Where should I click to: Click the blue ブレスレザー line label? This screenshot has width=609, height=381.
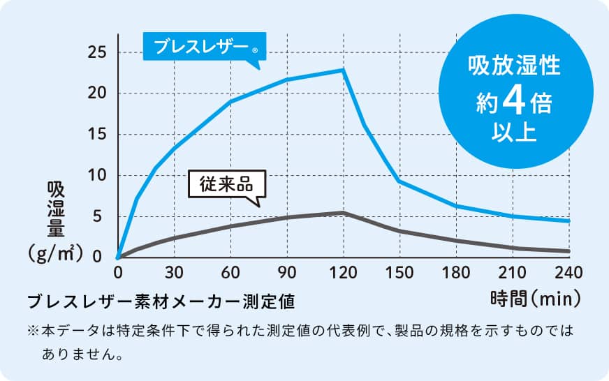tap(201, 47)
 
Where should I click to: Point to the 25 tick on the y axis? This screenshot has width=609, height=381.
tap(98, 52)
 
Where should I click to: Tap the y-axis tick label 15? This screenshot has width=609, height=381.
tap(98, 134)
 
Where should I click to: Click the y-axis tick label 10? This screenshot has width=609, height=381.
tap(98, 175)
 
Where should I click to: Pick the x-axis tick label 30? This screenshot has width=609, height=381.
tap(174, 271)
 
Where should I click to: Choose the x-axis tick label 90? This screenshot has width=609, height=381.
tap(286, 271)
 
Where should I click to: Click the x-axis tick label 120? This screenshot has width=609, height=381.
tap(343, 271)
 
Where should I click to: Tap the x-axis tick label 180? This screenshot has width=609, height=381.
tap(455, 271)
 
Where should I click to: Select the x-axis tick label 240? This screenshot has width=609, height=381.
tap(568, 271)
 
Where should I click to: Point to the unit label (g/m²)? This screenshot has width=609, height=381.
tap(57, 251)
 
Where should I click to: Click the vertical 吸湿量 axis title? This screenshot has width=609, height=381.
tap(57, 209)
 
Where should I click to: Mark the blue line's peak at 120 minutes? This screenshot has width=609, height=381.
tap(343, 70)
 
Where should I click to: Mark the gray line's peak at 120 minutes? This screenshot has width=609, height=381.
tap(343, 212)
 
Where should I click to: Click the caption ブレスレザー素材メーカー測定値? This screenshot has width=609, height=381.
tap(161, 301)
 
